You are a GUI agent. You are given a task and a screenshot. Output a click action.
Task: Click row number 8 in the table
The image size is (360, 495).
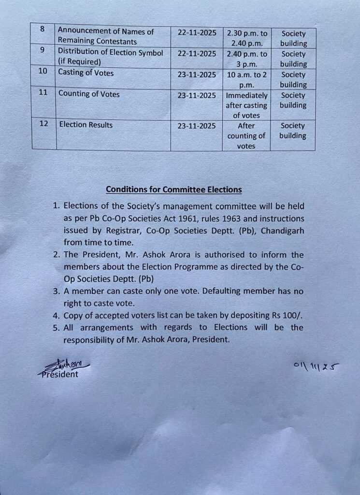point(43,29)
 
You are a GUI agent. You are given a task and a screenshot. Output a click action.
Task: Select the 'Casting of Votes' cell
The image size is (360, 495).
point(86,73)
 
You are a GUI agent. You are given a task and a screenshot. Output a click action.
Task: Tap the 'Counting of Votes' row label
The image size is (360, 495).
point(89,94)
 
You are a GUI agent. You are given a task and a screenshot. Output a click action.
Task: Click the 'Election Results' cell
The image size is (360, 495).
point(86,125)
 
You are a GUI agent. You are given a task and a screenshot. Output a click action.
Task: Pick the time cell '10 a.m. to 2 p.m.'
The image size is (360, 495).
point(246,79)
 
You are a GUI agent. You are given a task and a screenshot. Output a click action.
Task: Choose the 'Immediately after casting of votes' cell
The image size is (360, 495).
point(246,105)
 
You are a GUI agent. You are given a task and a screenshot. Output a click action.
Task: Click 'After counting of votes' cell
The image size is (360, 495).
point(246,136)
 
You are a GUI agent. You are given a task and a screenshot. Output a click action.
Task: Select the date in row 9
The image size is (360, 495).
point(197,54)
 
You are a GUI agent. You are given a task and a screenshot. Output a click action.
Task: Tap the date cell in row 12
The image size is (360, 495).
point(197,126)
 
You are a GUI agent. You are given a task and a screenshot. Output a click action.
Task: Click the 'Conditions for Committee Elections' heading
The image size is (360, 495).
point(174,189)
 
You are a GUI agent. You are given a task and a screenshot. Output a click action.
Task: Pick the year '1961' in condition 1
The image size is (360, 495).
point(208,218)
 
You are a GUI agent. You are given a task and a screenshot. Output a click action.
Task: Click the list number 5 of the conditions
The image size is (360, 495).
point(56,328)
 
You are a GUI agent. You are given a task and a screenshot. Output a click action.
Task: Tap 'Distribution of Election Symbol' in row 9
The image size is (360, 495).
point(111,52)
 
